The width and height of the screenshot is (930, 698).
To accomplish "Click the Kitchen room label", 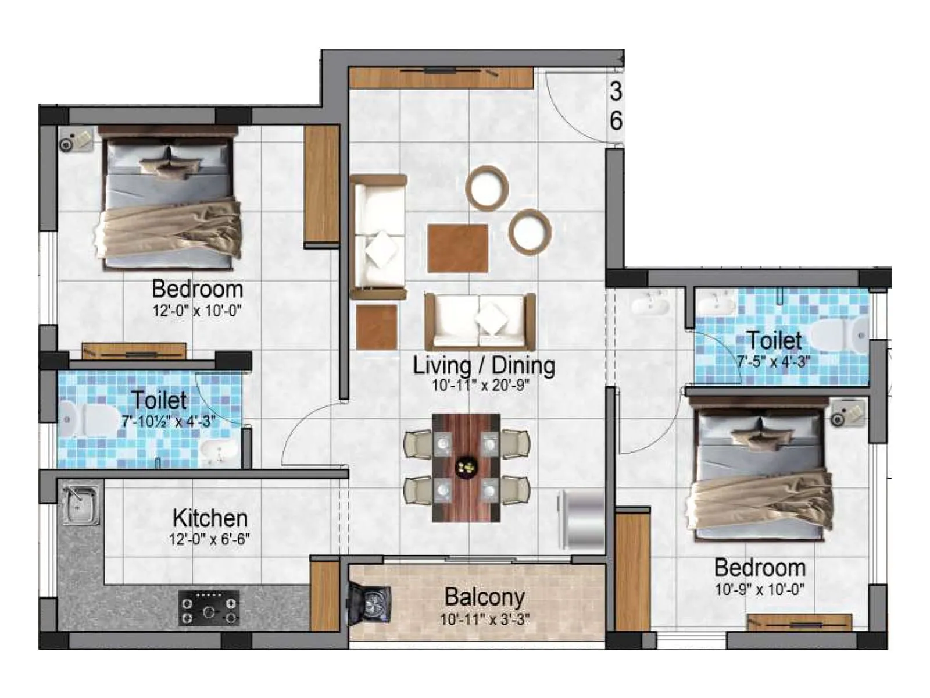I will click(x=210, y=518).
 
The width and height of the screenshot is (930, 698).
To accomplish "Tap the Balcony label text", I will click(x=484, y=597).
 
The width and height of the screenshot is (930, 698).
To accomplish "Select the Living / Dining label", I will click(x=484, y=365).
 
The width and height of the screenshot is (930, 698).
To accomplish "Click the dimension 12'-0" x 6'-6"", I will click(x=209, y=539).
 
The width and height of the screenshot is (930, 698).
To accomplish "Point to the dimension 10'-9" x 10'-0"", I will click(x=759, y=589).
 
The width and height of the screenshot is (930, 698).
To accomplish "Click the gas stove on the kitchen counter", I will click(x=209, y=608).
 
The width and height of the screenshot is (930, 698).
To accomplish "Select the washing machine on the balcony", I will click(x=369, y=603).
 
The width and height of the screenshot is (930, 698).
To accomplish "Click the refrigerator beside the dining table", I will click(x=581, y=519).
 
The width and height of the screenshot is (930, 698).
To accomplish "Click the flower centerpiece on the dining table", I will click(x=466, y=466).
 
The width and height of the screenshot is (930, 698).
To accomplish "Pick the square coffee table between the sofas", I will click(x=457, y=248).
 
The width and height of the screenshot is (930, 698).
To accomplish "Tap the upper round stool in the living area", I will click(x=487, y=187).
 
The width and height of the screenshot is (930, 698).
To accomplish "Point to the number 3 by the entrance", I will click(x=616, y=91).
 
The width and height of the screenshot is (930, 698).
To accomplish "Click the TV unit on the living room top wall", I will click(x=441, y=78).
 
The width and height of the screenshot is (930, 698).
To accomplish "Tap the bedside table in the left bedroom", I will click(x=76, y=139).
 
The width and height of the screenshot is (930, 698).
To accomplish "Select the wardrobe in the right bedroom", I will click(x=632, y=569).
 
